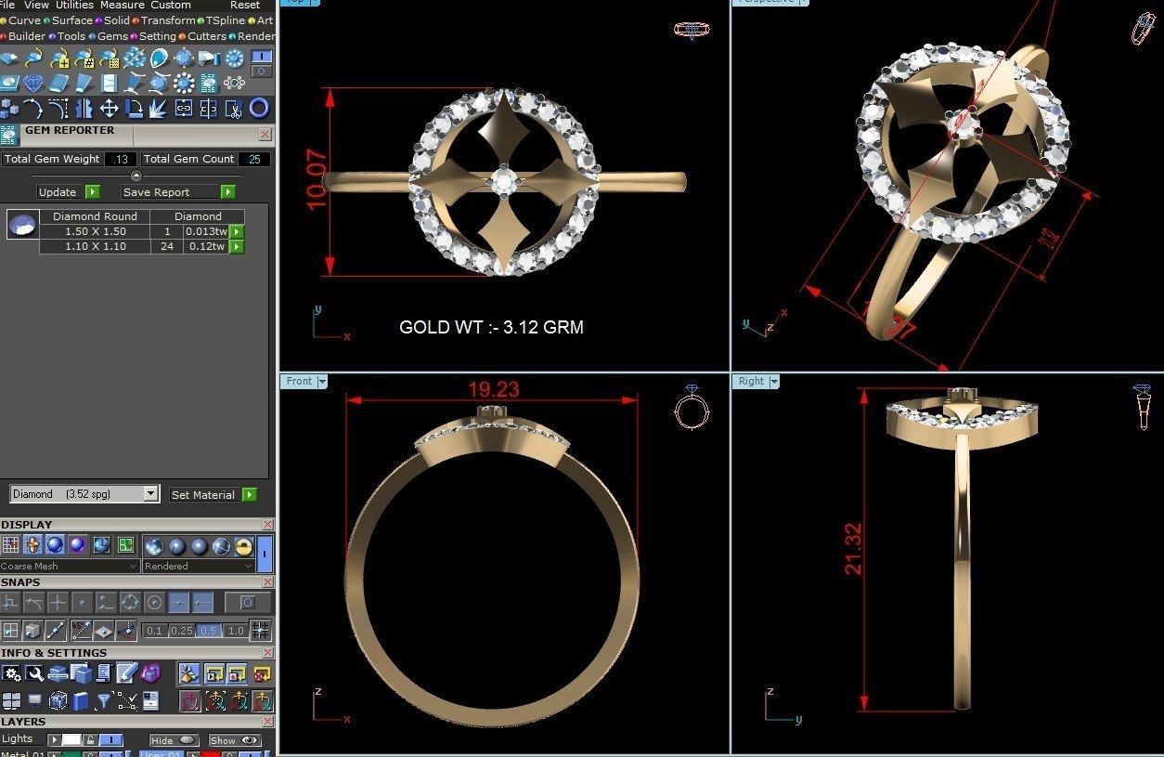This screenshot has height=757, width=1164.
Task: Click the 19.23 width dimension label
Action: (x=493, y=389)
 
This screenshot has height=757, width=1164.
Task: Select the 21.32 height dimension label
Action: (x=853, y=549)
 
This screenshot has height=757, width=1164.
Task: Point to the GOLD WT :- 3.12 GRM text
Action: (x=491, y=327)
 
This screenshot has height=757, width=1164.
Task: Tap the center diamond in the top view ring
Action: (x=504, y=182)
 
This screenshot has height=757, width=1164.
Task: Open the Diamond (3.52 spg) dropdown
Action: (x=84, y=494)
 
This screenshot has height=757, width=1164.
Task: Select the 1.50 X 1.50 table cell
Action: (x=95, y=231)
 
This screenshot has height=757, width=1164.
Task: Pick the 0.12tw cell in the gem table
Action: (x=205, y=246)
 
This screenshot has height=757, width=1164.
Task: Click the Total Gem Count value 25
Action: (x=252, y=159)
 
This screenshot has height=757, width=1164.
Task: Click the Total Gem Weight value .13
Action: (x=120, y=159)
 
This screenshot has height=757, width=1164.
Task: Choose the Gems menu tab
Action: (x=112, y=36)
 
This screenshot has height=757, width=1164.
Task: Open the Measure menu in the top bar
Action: (x=122, y=5)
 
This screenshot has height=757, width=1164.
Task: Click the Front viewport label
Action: (x=299, y=381)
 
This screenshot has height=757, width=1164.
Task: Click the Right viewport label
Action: (x=751, y=381)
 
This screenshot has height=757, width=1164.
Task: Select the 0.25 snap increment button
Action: (x=181, y=631)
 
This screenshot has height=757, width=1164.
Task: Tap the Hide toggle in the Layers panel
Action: (x=174, y=740)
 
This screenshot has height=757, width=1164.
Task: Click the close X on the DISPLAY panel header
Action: (x=267, y=525)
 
